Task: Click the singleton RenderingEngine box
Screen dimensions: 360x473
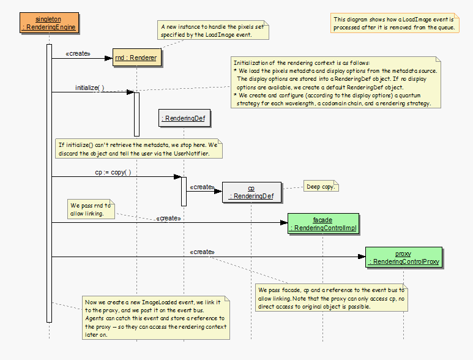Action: click(49, 23)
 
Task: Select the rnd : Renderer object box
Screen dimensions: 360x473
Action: click(136, 58)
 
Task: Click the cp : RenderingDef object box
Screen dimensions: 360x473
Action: click(251, 192)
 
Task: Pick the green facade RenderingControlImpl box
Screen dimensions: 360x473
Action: click(322, 224)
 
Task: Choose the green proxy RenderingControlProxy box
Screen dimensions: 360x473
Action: click(403, 258)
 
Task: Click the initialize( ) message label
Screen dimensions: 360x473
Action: click(89, 88)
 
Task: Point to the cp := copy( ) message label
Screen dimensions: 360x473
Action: click(113, 172)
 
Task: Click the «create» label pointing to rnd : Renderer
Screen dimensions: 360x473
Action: click(78, 54)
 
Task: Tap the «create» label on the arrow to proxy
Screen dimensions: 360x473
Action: click(202, 252)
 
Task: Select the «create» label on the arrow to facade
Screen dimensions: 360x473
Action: click(168, 218)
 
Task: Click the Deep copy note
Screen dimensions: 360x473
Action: click(321, 186)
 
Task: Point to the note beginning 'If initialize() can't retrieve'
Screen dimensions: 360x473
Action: click(138, 149)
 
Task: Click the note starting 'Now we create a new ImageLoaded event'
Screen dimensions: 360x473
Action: click(156, 318)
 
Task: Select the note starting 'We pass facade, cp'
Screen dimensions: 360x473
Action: click(331, 298)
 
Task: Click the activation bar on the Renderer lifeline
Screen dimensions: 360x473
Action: click(136, 113)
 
